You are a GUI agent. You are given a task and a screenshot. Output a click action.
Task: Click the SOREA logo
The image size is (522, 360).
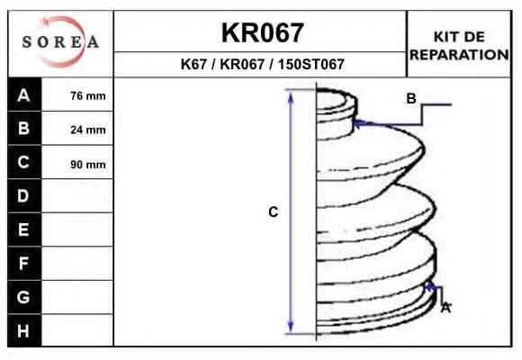coord(60,42)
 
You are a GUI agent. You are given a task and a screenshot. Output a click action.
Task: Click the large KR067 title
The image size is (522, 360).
coord(262,32)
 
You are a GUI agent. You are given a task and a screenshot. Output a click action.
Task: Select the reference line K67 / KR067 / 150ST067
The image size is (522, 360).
coord(262,64)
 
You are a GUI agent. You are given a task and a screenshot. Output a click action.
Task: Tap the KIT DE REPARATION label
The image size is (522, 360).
coord(459,46)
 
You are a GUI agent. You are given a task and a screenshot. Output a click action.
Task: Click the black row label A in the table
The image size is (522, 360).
coord(23,95)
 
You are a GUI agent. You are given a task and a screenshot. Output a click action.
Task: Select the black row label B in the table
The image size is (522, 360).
coord(23,128)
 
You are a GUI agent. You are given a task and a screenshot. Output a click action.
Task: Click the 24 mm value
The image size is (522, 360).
coord(88,130)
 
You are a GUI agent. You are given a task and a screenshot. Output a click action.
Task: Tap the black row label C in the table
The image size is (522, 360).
coord(23,162)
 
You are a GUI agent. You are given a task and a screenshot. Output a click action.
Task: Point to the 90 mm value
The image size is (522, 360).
coord(88,164)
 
